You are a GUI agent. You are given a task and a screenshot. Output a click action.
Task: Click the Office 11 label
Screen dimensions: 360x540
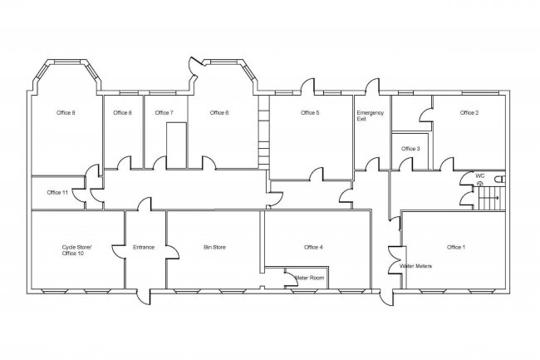(57, 192)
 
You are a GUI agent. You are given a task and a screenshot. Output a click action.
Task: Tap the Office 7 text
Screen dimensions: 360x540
(164, 112)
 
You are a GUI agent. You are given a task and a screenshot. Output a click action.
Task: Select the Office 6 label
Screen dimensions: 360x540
(218, 112)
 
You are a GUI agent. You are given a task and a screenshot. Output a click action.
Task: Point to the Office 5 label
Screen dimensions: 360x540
(310, 112)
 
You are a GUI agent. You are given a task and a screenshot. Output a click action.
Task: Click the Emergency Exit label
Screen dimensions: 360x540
(369, 116)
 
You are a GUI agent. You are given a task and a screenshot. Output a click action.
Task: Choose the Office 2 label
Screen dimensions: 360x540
(469, 112)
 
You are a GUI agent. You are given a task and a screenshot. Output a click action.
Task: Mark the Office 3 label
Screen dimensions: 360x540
(410, 149)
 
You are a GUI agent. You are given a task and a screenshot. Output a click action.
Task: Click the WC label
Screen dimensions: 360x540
(479, 176)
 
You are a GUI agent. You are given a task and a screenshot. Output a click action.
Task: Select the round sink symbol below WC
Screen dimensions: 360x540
(479, 184)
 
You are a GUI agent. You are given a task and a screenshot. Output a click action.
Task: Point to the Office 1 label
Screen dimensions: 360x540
(456, 247)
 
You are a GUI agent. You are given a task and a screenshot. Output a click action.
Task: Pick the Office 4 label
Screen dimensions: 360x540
(313, 247)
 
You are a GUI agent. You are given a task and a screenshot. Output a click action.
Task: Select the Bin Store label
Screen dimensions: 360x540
(214, 247)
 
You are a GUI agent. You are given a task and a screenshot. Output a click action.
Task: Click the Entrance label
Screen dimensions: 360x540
(145, 247)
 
